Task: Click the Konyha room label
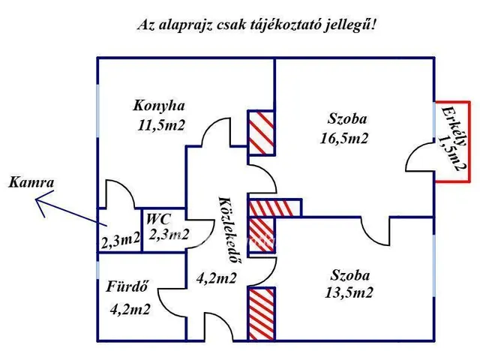[x=158, y=105]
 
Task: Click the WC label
[x=157, y=219]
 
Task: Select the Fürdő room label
[x=127, y=286]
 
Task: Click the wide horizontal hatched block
[x=274, y=207]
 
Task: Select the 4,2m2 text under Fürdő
[x=128, y=308]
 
